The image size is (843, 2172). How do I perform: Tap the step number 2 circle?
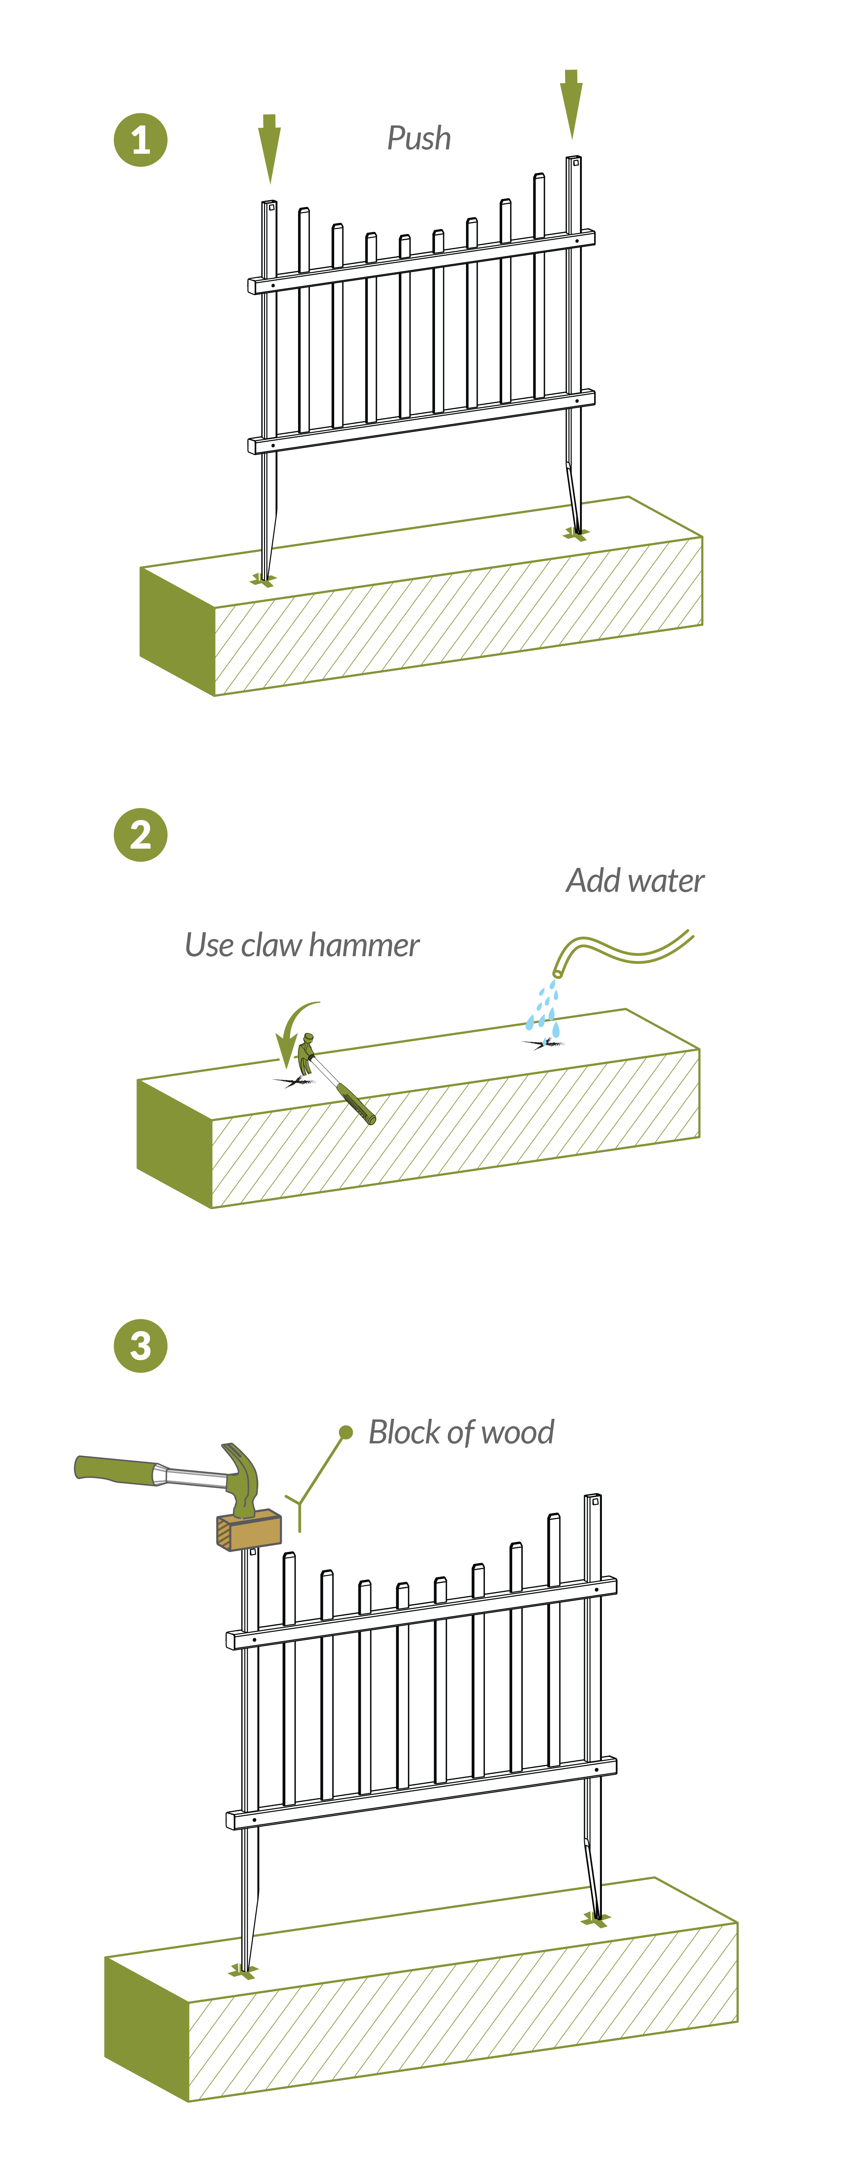coord(141,835)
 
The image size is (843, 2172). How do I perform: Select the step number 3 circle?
coord(141,1345)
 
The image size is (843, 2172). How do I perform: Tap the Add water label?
coord(635,880)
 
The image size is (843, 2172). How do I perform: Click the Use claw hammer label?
coord(302,945)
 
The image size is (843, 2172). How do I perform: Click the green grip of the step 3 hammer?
coord(114,1469)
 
